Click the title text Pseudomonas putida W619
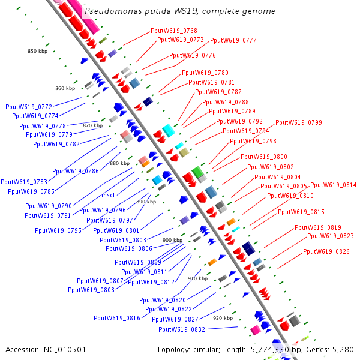coord(180,11)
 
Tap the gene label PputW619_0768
coord(174,31)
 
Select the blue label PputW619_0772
coord(28,106)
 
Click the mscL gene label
coord(109,195)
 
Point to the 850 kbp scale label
coord(37,51)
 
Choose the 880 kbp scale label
coord(119,163)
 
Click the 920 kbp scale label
coord(223,318)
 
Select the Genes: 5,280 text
coord(334,349)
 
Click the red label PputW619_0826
coord(326,251)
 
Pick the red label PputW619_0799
coord(298,122)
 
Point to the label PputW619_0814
coord(333,185)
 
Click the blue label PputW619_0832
coord(182,329)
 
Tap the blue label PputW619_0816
coord(116,318)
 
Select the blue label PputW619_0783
coord(24,182)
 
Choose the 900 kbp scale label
coord(172,240)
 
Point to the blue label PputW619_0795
coord(58,230)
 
